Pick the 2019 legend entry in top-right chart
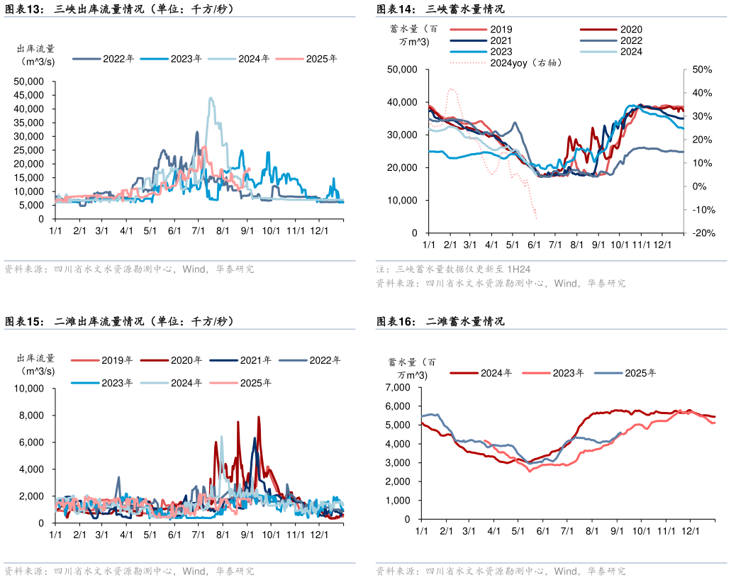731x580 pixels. click(x=501, y=30)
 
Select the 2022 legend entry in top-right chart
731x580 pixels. click(x=631, y=40)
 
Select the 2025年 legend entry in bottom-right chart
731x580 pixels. click(x=637, y=373)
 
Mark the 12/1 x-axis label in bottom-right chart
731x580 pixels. click(x=691, y=530)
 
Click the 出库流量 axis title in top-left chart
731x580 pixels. click(x=36, y=49)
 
